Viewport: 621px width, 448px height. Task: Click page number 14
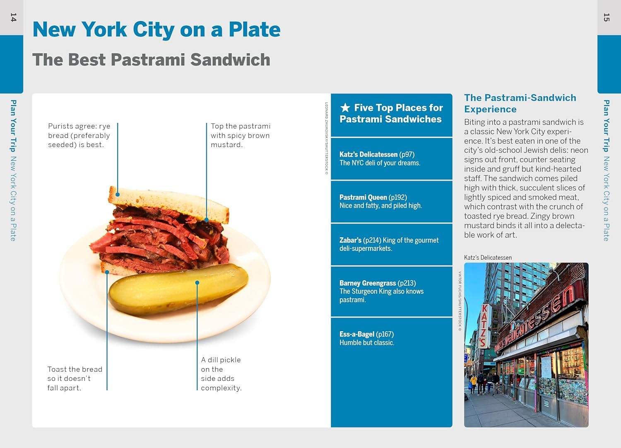pos(13,17)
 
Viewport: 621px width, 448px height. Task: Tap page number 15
pos(607,17)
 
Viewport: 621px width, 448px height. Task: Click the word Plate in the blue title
pos(255,29)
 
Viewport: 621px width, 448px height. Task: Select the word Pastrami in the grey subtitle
pos(148,60)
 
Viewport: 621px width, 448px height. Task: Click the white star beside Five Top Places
pos(345,108)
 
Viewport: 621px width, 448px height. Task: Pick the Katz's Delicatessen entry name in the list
pos(368,154)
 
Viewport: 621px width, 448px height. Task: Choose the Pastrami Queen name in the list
pos(363,198)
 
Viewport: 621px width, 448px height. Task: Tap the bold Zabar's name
pos(350,240)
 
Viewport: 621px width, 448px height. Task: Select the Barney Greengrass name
pos(368,283)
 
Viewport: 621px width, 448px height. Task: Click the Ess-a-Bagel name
pos(357,334)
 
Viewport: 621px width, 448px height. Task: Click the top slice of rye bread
pos(168,204)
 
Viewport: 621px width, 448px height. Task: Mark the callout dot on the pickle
pos(197,282)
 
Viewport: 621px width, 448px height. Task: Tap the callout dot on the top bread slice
pos(118,195)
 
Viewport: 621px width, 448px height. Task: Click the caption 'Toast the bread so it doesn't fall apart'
pos(75,378)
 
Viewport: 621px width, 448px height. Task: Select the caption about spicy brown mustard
pos(241,135)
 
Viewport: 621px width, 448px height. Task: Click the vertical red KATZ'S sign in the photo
pos(484,326)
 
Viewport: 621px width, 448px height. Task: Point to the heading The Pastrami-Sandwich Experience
pos(520,104)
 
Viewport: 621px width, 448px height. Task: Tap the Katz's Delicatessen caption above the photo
pos(488,258)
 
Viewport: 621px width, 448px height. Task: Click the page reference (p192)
pos(398,198)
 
